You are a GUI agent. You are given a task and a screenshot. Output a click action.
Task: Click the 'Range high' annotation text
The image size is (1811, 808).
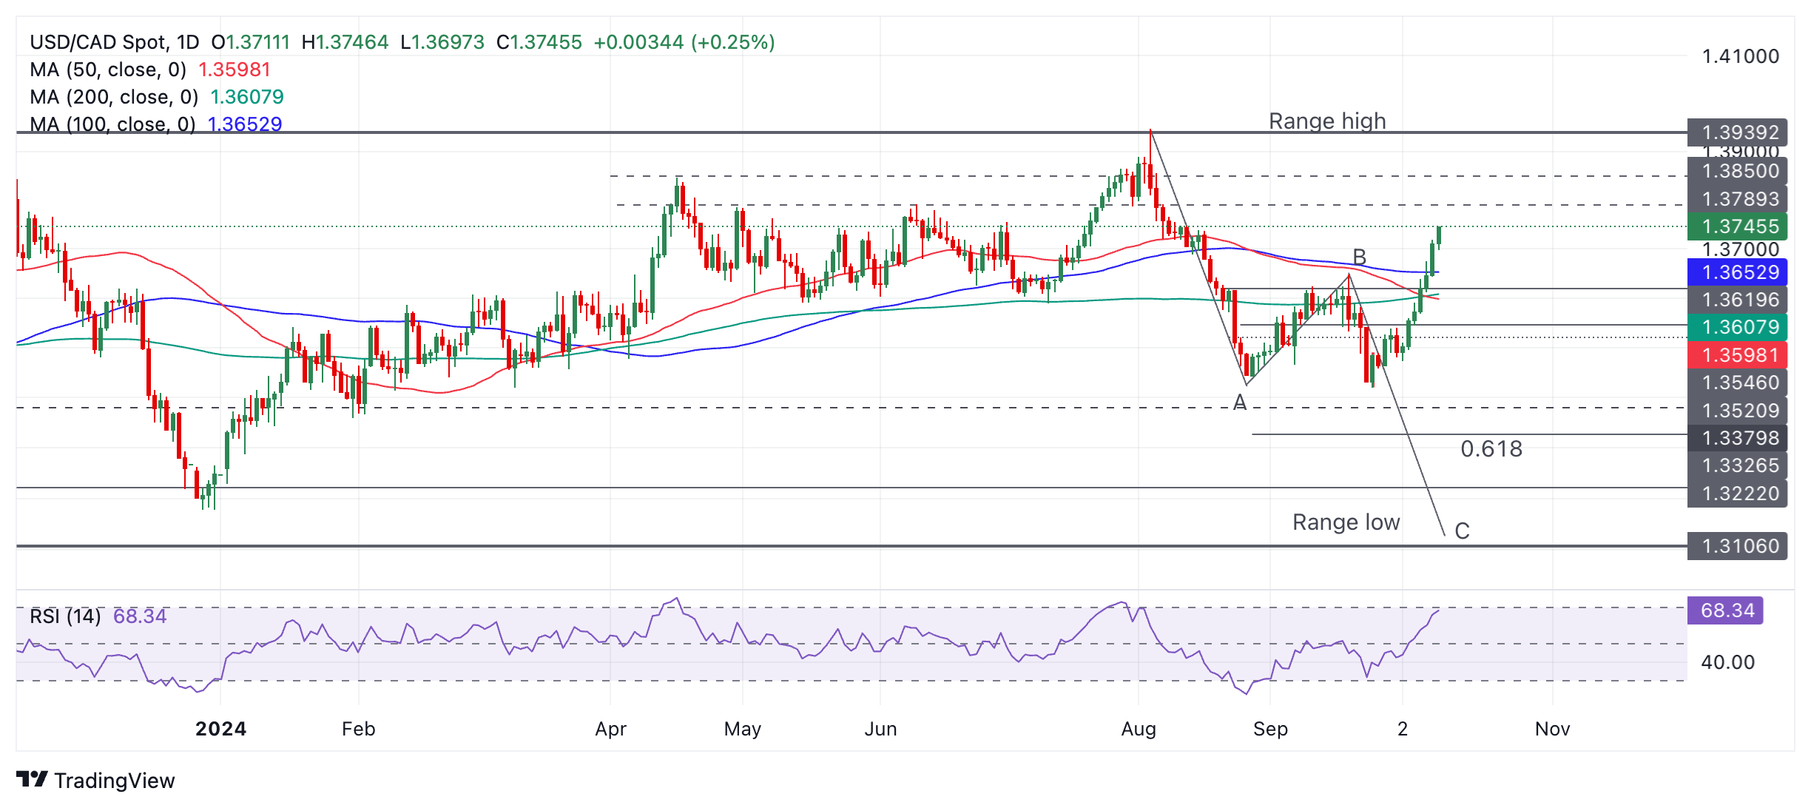pos(1327,121)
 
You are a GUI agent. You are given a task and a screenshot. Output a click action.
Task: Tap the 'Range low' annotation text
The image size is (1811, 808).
pos(1346,522)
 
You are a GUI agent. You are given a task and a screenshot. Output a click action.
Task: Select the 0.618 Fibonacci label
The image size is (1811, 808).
pos(1491,448)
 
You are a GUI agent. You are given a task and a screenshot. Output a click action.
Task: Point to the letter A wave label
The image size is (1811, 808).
pos(1240,403)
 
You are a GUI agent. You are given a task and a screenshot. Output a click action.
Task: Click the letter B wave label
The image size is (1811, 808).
pos(1359,257)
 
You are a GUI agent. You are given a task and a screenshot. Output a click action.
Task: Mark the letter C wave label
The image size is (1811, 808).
pos(1462,531)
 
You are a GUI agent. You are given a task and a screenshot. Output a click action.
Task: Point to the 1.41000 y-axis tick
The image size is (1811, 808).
pos(1740,56)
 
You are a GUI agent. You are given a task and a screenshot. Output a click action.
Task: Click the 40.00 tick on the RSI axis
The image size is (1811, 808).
pos(1727,662)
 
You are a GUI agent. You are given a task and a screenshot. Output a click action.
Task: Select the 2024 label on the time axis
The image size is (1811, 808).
pos(220,729)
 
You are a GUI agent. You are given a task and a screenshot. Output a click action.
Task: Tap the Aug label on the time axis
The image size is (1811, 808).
pos(1139,729)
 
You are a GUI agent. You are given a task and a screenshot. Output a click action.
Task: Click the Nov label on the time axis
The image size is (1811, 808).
pos(1552,729)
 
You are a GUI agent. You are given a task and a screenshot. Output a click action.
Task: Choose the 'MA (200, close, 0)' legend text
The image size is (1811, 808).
pos(114,97)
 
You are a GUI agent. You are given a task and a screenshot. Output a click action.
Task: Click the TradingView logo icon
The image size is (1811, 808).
pos(32,780)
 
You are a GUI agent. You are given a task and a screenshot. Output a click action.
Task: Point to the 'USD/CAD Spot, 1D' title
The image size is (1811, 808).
pos(115,42)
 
